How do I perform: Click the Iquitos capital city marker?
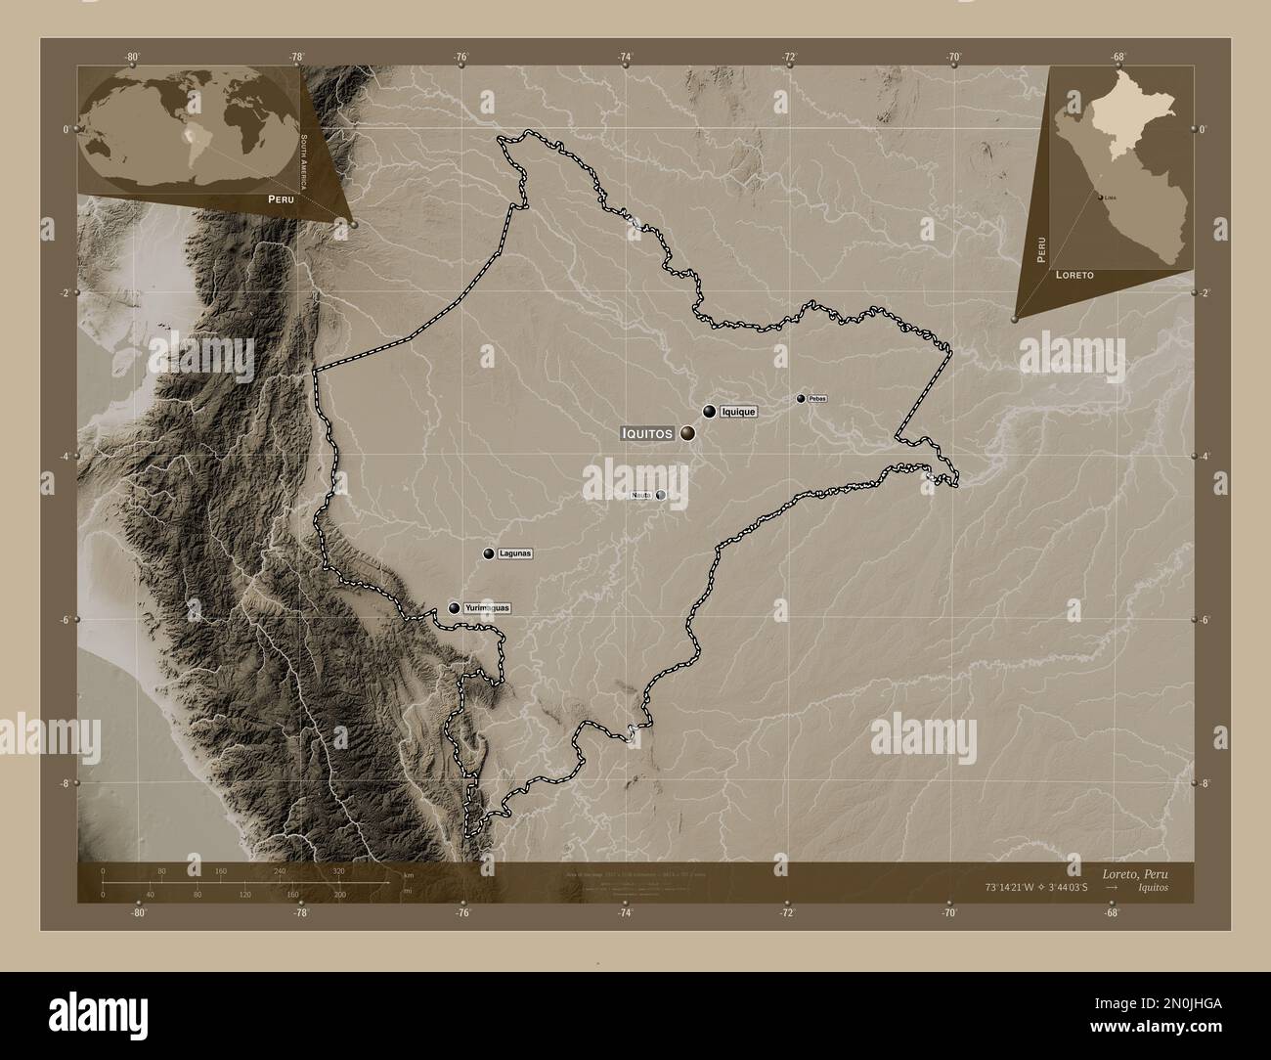[x=689, y=432]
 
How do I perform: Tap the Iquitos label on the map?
[x=647, y=432]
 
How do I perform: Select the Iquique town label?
[x=738, y=413]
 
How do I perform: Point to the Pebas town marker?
[x=801, y=399]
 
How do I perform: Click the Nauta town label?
[x=641, y=495]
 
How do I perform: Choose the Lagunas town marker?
[x=488, y=554]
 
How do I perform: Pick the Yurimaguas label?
[x=487, y=608]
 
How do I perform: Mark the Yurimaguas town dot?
[x=454, y=608]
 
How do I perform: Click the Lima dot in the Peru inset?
[x=1100, y=197]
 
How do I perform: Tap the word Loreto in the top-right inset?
[x=1074, y=277]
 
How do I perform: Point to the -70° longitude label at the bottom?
[x=948, y=913]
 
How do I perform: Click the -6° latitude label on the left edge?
[x=66, y=619]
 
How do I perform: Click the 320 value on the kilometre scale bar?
[x=338, y=870]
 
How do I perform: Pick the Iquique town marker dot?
[x=709, y=413]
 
